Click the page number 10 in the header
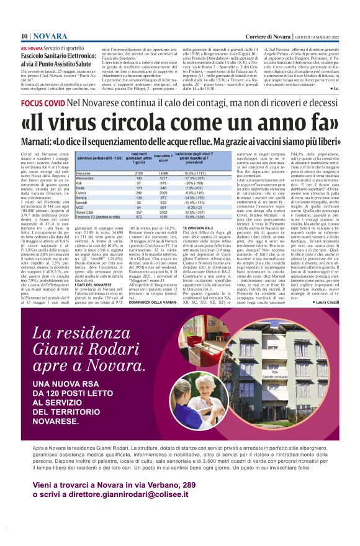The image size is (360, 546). click(x=24, y=37)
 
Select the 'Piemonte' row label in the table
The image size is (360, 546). click(x=83, y=172)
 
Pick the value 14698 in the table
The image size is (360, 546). click(x=163, y=172)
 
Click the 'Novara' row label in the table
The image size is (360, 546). click(x=82, y=197)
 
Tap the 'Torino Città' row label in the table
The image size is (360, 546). click(x=85, y=212)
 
